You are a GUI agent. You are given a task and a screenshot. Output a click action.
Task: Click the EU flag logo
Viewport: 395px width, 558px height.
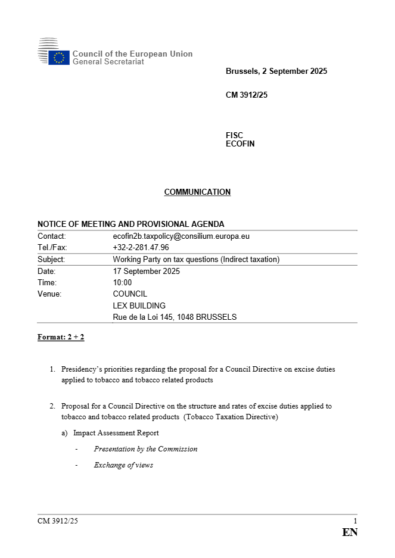tap(59, 58)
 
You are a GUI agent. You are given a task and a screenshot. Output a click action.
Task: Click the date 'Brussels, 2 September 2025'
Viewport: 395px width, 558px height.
tap(276, 71)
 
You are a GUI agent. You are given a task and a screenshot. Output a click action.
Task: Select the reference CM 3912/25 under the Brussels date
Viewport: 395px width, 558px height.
tap(247, 95)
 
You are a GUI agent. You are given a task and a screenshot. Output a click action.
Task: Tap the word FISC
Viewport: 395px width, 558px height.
tap(234, 135)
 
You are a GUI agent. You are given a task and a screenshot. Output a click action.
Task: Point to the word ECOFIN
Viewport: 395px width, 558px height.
tap(240, 144)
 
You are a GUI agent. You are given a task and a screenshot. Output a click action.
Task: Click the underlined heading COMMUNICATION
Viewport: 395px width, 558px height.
tap(197, 192)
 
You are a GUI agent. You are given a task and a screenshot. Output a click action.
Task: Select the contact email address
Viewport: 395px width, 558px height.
tap(181, 236)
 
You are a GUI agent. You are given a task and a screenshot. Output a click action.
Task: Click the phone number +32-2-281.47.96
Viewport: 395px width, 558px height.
tap(141, 247)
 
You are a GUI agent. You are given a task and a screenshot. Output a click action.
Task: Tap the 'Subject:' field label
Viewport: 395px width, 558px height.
tap(51, 259)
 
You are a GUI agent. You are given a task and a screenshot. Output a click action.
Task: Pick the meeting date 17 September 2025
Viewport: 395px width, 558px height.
tap(146, 271)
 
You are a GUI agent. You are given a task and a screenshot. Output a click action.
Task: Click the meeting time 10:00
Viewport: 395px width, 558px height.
tap(122, 282)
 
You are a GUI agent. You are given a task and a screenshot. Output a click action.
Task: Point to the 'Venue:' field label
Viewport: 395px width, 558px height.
tap(49, 294)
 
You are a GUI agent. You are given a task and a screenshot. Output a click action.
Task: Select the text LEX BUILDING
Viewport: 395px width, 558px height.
tap(139, 306)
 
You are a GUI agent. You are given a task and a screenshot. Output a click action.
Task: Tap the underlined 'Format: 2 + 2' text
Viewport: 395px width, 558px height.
tap(61, 337)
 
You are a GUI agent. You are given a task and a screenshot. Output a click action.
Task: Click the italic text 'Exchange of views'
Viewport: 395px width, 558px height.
tap(123, 465)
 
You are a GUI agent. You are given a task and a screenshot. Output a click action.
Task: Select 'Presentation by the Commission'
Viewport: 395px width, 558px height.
tap(145, 449)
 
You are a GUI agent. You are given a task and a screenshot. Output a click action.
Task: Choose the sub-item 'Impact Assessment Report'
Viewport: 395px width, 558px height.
tap(116, 433)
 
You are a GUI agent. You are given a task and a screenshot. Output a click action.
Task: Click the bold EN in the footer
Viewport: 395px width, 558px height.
tap(350, 532)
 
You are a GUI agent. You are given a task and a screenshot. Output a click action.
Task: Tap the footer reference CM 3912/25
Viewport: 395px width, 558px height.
tap(57, 521)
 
